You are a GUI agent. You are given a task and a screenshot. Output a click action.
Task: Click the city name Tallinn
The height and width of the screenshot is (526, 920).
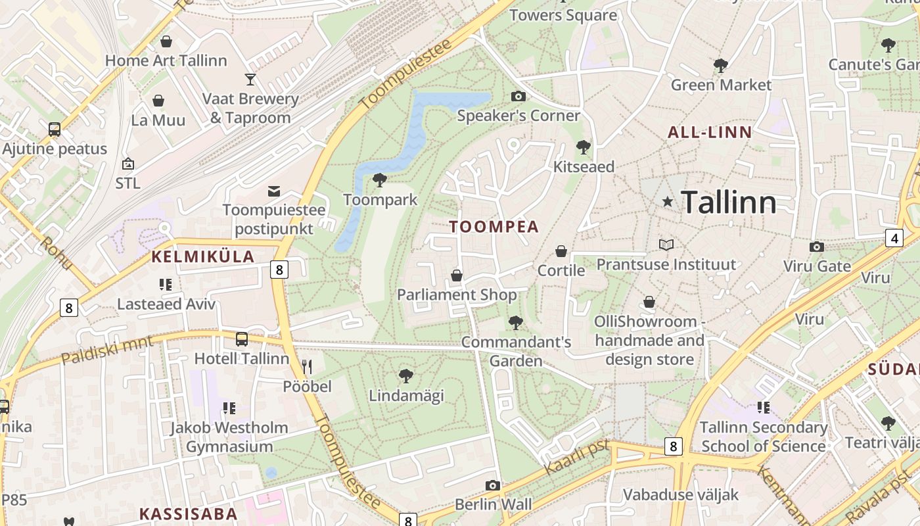[728, 202]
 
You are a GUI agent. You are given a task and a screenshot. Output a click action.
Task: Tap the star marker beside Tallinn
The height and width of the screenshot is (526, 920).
[668, 202]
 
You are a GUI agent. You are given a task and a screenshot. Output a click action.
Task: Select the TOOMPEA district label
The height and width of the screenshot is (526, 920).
[494, 227]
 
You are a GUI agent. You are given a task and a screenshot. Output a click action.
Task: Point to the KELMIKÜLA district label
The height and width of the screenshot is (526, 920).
[203, 257]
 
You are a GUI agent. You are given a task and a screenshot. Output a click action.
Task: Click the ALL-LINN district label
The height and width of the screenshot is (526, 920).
[710, 132]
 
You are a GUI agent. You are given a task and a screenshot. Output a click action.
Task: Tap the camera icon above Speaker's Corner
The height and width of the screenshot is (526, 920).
[518, 97]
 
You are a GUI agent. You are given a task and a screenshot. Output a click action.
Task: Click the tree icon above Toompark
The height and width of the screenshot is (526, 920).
[379, 180]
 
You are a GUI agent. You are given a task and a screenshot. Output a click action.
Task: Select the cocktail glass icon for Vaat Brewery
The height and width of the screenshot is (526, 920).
[250, 80]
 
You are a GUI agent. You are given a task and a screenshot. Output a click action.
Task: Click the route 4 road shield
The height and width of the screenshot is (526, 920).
[894, 238]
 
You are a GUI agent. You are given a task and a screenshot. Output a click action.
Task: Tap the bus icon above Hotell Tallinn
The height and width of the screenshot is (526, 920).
[242, 339]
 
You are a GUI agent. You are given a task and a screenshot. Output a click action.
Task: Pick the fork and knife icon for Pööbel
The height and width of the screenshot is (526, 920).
[307, 366]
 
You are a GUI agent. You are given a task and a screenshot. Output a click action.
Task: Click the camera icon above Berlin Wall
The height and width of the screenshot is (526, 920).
[492, 486]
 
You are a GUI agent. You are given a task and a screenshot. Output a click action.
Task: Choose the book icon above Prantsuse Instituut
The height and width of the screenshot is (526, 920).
[666, 245]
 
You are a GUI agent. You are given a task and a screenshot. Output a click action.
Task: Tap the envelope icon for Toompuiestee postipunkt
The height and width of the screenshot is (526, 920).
[274, 191]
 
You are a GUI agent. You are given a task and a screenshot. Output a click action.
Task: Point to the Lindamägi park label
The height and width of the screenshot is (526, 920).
[406, 396]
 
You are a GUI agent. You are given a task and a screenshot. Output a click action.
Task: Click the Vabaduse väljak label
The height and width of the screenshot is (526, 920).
[680, 494]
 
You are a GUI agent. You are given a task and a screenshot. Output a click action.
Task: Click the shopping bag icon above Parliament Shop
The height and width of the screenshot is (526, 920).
[457, 275]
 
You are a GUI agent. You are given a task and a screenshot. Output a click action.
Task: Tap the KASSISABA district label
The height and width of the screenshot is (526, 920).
[188, 514]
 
